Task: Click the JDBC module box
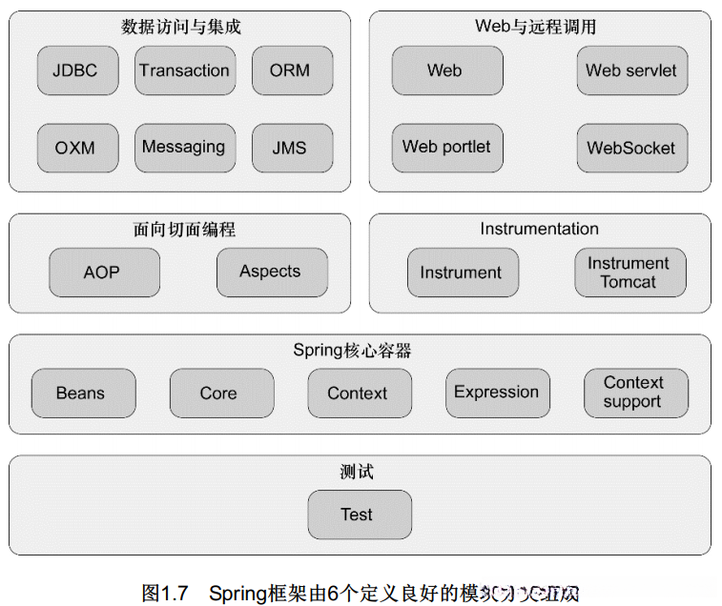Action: click(x=74, y=71)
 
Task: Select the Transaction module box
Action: click(x=184, y=71)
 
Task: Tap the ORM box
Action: click(x=289, y=71)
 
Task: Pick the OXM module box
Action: click(x=74, y=148)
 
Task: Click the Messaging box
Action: click(x=184, y=148)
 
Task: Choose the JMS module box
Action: click(x=289, y=148)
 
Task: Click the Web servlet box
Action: click(x=631, y=71)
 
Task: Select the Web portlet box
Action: click(x=446, y=148)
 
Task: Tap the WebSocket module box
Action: click(x=631, y=148)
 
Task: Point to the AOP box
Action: click(x=102, y=273)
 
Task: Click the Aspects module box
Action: click(x=271, y=273)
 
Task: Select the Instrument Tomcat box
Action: click(x=629, y=273)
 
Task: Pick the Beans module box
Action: click(x=82, y=394)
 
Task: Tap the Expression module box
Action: click(x=497, y=393)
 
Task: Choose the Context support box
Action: click(x=634, y=393)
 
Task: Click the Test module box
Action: click(x=359, y=515)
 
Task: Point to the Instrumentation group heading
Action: click(x=539, y=229)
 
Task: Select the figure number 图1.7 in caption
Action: click(x=164, y=593)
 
